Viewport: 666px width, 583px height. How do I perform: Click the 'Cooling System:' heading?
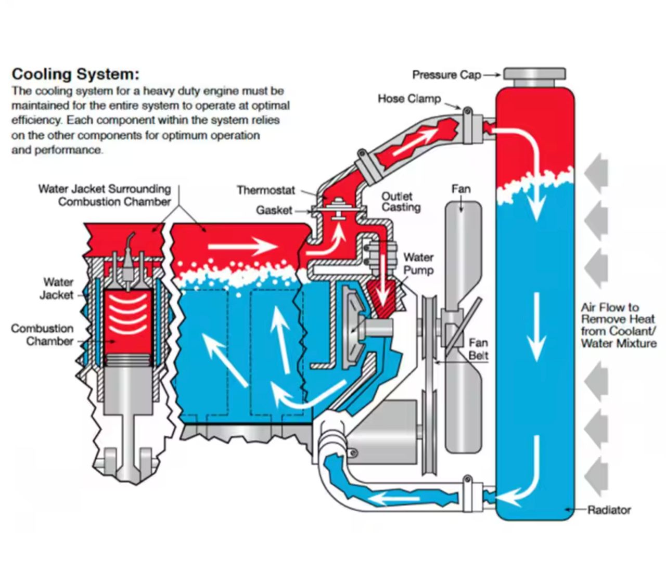pyautogui.click(x=75, y=74)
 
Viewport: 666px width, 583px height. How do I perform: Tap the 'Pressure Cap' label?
pyautogui.click(x=446, y=75)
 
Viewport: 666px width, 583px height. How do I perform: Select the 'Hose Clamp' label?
pyautogui.click(x=409, y=99)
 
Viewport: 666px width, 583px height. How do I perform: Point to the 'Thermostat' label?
pyautogui.click(x=266, y=190)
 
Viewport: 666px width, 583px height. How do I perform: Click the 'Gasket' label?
pyautogui.click(x=274, y=210)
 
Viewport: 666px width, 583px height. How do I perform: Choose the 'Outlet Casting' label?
pyautogui.click(x=401, y=202)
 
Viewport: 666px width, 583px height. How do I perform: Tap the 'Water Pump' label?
pyautogui.click(x=418, y=264)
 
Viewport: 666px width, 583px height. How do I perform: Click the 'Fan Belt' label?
pyautogui.click(x=478, y=349)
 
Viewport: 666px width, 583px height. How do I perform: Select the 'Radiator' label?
pyautogui.click(x=609, y=510)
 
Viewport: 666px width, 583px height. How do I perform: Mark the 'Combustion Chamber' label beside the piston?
pyautogui.click(x=42, y=335)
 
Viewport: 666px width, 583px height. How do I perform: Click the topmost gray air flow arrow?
pyautogui.click(x=596, y=170)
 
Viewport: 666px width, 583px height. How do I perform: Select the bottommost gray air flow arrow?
pyautogui.click(x=596, y=476)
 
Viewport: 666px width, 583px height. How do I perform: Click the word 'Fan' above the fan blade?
pyautogui.click(x=461, y=189)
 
